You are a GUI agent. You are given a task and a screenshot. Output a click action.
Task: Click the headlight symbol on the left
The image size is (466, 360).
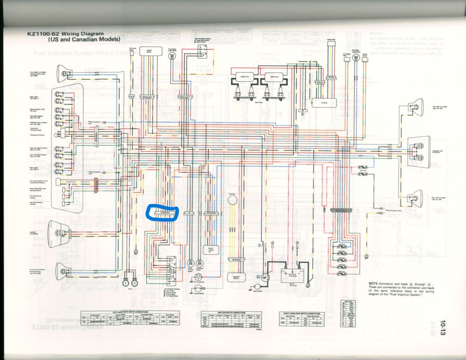click(57, 233)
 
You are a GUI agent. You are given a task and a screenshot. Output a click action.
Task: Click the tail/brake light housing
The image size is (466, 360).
click(419, 152)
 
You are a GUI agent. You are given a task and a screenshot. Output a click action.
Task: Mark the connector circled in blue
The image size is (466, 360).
click(162, 213)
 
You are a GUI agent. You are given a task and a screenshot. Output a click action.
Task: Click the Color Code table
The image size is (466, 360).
click(348, 313)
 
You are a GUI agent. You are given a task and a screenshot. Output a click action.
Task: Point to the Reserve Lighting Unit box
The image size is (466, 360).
click(211, 250)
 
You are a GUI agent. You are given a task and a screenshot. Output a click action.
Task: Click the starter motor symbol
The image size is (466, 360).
click(256, 287)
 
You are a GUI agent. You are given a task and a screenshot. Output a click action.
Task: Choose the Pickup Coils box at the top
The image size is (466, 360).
click(331, 47)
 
